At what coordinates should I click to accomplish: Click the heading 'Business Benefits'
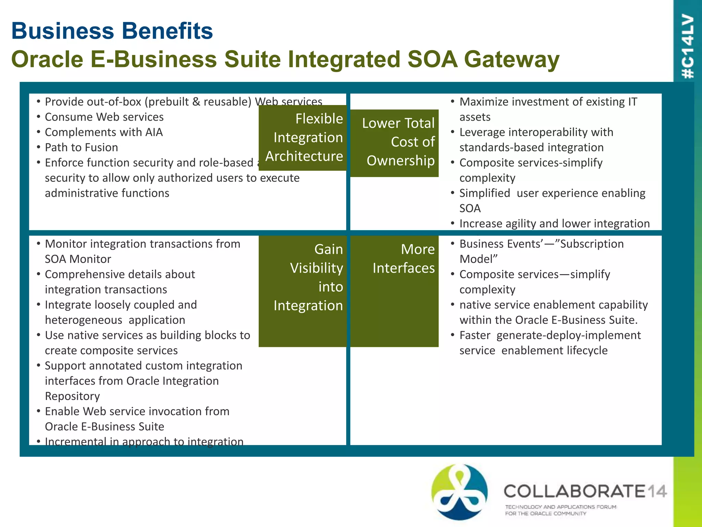[x=112, y=31]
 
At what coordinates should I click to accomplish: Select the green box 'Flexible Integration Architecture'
[x=303, y=138]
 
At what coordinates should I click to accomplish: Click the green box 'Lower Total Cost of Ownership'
[x=395, y=143]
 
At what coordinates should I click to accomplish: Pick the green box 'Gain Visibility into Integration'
[x=303, y=291]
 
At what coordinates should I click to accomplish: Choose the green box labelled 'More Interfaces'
[x=395, y=291]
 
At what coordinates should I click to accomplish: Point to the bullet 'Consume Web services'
[x=104, y=117]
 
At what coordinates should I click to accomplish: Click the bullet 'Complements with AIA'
[x=104, y=132]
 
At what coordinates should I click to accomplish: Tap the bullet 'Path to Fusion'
[x=81, y=148]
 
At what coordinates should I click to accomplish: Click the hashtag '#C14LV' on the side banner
[x=687, y=46]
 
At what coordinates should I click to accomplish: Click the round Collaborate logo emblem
[x=459, y=491]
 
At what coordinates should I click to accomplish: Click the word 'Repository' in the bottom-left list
[x=72, y=396]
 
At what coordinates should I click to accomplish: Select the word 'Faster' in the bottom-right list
[x=475, y=335]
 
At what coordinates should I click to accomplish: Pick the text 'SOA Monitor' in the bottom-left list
[x=78, y=259]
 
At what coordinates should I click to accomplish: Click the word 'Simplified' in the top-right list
[x=485, y=193]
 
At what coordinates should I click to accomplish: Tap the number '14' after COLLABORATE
[x=656, y=491]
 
